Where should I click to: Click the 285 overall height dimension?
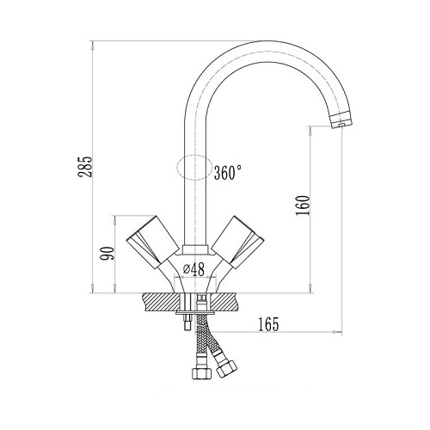[86, 167]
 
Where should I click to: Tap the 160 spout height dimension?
[304, 206]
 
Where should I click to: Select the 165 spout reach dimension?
[268, 324]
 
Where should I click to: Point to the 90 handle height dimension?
[107, 253]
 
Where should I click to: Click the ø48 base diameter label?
[193, 270]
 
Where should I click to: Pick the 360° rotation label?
[228, 172]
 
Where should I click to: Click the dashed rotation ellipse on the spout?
[194, 168]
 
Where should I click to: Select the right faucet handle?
[237, 242]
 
